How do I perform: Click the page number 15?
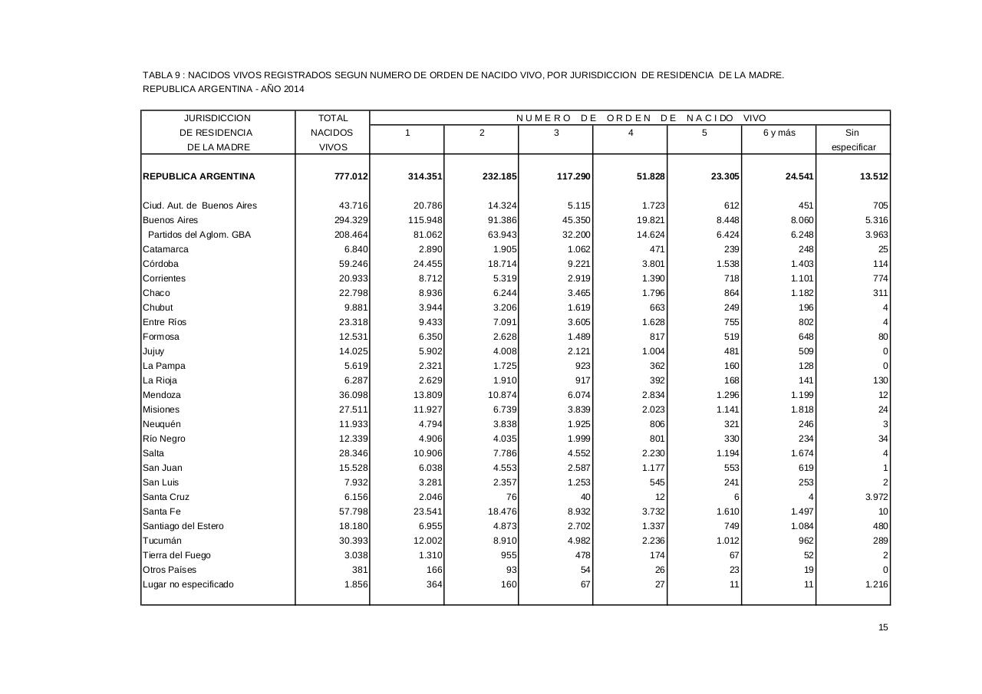[883, 628]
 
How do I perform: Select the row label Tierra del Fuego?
[176, 555]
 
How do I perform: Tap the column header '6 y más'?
[779, 133]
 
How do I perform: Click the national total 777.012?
[351, 176]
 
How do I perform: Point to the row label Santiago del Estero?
[183, 526]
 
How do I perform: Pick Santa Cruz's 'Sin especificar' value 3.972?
[874, 497]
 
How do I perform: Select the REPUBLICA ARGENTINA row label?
[199, 176]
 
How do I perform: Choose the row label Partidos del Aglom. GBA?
[199, 235]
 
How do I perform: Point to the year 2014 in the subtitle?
[292, 89]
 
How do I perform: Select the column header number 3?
[556, 133]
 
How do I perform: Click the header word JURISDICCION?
[217, 118]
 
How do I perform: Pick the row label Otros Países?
[170, 570]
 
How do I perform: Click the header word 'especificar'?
[853, 147]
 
